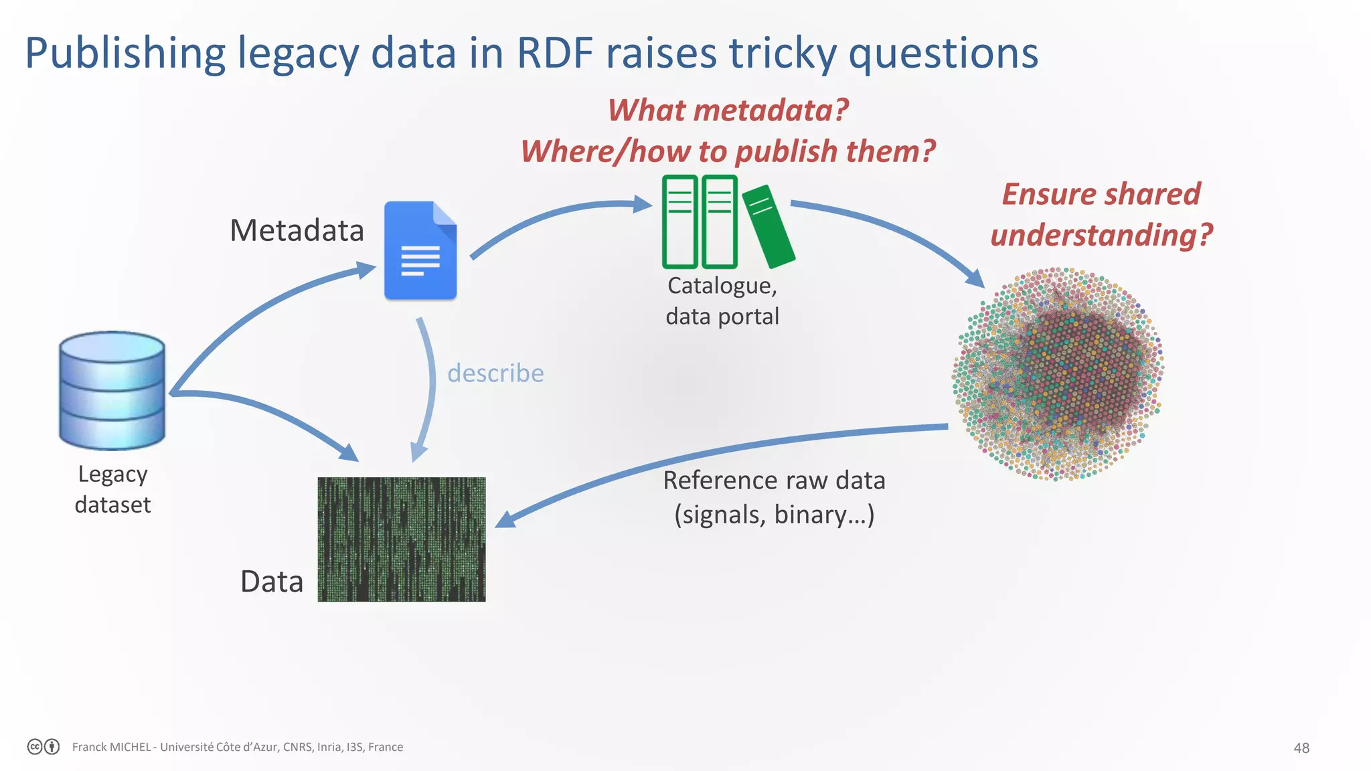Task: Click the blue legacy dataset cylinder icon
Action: pos(112,390)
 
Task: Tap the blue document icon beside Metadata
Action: pos(420,251)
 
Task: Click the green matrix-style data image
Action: pos(402,539)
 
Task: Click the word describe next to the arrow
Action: pos(495,373)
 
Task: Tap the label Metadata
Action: pos(297,230)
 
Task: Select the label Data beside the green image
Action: pos(272,581)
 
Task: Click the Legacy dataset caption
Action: pos(112,489)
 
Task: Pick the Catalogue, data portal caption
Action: pos(722,301)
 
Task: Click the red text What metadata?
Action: pos(728,110)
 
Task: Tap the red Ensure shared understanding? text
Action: pos(1101,214)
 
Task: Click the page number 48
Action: pos(1301,748)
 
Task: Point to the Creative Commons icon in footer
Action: pos(35,747)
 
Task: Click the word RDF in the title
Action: pos(555,53)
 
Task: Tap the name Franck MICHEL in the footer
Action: pos(111,747)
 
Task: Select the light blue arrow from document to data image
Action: pos(429,388)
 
